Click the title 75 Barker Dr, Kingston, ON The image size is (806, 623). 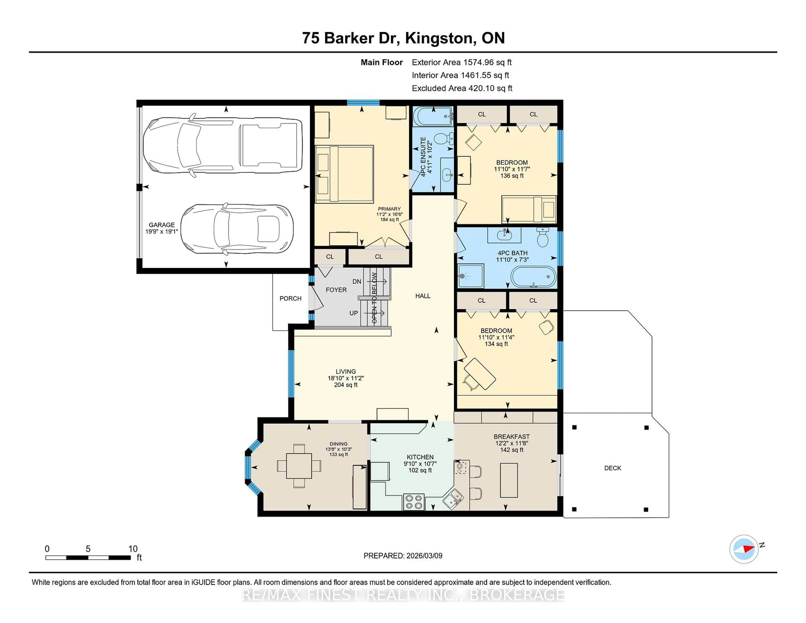403,38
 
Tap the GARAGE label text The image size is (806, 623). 162,225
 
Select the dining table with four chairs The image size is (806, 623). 299,466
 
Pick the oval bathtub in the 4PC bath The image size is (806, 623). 533,277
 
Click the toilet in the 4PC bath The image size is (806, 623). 543,237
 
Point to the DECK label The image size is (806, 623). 613,468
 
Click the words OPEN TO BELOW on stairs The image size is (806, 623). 374,298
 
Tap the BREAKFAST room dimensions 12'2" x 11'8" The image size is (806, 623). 512,443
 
